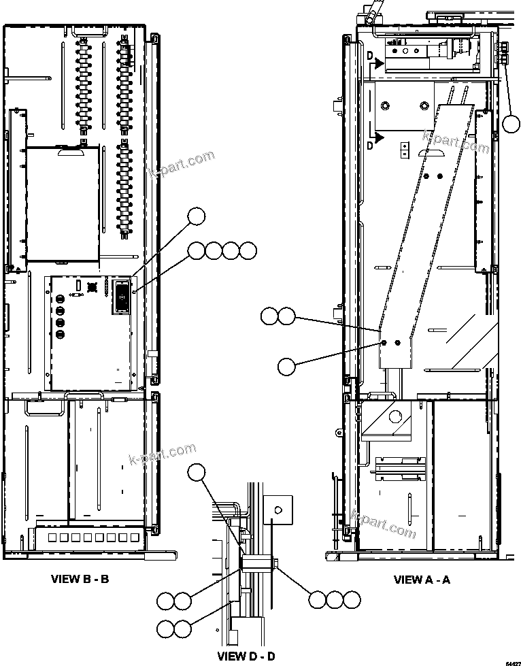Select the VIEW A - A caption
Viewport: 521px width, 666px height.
[x=422, y=580]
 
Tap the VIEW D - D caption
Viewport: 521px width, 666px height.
[x=246, y=656]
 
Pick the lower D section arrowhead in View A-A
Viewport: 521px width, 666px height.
[x=378, y=137]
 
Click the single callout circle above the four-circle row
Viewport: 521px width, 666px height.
[x=197, y=216]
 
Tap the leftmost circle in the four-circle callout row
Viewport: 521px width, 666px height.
[x=197, y=250]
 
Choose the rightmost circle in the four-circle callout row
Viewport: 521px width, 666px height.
[x=248, y=250]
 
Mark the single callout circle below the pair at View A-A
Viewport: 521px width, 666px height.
[x=287, y=366]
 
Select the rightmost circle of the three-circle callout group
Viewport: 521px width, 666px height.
[x=351, y=599]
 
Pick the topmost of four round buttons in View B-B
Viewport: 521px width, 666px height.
[x=60, y=299]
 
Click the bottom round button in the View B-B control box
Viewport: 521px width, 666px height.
[x=60, y=335]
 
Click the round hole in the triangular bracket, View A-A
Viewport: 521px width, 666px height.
[x=394, y=417]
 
